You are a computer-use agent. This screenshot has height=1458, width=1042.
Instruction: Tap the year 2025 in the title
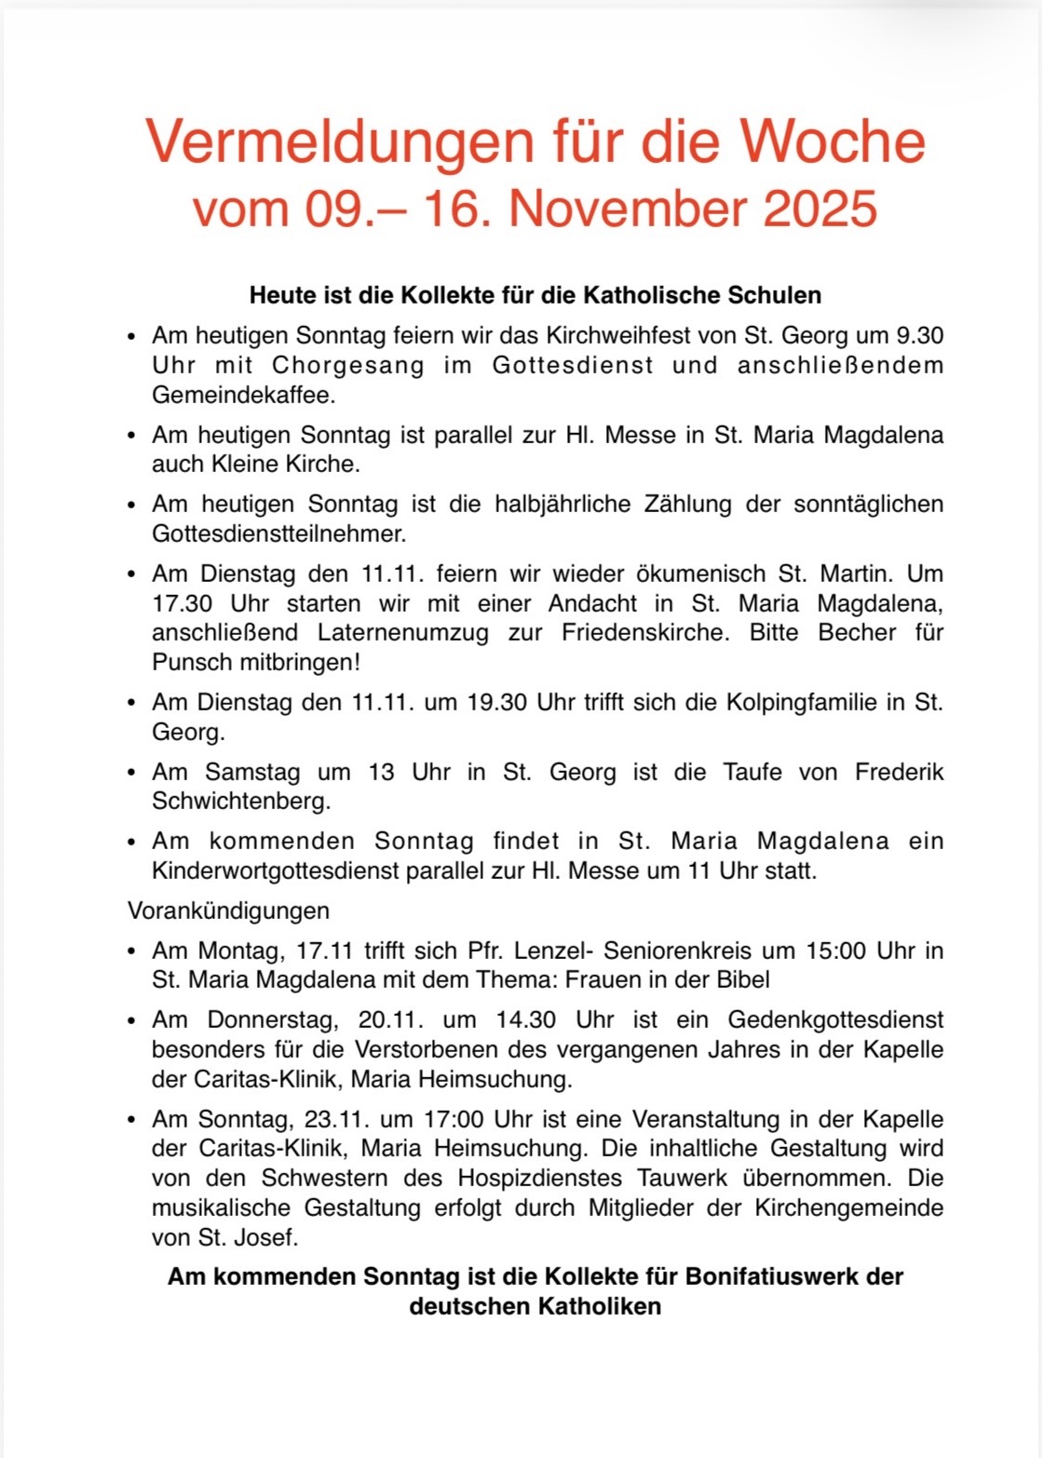820,209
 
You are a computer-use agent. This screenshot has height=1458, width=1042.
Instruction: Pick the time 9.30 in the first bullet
920,335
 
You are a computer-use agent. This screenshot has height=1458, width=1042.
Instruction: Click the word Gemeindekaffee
243,395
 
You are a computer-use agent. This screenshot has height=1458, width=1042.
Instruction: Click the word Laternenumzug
403,633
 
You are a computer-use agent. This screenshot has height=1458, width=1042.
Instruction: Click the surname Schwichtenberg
241,802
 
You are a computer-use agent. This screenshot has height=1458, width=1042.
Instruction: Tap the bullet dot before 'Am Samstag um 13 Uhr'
132,773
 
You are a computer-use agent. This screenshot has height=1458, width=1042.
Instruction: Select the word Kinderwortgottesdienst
277,871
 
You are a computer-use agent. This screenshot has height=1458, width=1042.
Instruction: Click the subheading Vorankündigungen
228,911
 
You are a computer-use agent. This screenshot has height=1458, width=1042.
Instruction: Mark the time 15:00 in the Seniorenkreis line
834,951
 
